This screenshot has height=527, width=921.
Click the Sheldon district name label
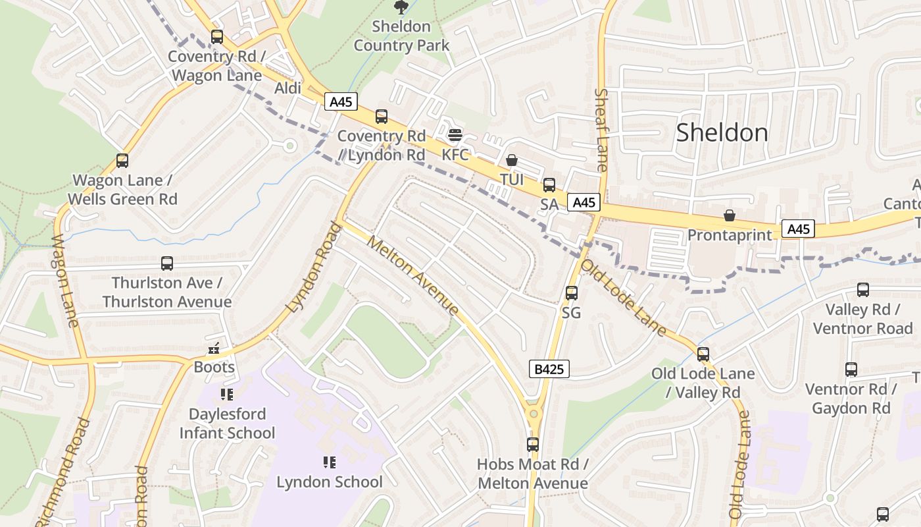722,132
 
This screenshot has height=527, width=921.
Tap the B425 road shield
549,369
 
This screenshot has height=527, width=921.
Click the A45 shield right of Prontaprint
798,229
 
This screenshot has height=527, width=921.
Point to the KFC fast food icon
455,136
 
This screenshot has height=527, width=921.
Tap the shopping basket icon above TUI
512,160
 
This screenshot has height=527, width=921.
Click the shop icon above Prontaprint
729,215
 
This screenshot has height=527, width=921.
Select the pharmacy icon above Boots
214,348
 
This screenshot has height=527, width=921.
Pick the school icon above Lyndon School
330,462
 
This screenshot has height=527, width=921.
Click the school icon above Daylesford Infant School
227,395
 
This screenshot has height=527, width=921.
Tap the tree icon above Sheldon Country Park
400,7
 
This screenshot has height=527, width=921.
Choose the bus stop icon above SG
572,292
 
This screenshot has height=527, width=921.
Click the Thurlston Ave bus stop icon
167,263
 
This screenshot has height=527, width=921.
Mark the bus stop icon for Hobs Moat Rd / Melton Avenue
533,445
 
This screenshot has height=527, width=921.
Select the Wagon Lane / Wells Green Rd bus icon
122,161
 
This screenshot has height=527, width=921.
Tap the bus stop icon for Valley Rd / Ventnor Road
862,290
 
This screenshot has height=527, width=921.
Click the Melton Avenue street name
412,275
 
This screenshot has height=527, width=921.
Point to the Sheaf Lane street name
601,130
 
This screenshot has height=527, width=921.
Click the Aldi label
287,88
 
